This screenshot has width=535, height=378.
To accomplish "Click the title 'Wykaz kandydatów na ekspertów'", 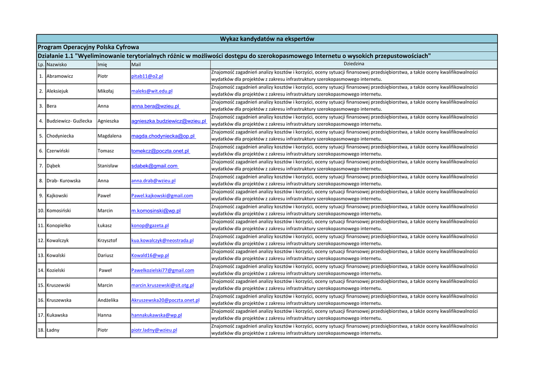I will click(x=267, y=39).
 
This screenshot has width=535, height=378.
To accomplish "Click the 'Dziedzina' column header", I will click(x=354, y=64).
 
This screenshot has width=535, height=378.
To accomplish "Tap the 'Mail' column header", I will click(x=136, y=65).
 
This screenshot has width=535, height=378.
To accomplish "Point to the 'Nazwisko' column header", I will click(x=56, y=65).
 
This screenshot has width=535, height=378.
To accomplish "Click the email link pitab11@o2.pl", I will click(x=147, y=76).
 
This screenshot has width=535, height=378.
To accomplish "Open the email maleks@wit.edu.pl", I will click(x=152, y=91).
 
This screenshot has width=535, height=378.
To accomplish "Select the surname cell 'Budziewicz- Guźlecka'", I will click(x=69, y=121).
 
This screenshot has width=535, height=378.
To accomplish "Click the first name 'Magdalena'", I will click(x=109, y=136).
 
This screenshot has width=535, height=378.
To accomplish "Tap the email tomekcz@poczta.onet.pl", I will click(x=160, y=151).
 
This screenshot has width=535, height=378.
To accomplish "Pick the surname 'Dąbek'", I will click(x=53, y=166).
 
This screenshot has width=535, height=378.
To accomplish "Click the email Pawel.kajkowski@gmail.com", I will click(x=162, y=196).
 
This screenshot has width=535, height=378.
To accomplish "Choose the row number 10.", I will click(x=41, y=210).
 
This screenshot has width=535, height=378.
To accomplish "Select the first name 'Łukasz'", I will click(x=104, y=226).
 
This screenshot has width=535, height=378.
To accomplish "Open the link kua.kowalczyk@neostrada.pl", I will click(x=162, y=241).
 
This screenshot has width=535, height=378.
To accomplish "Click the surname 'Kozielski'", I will click(x=56, y=270).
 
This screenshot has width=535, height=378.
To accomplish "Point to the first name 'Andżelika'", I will click(x=108, y=300).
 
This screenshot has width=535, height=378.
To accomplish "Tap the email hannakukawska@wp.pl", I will click(x=156, y=315).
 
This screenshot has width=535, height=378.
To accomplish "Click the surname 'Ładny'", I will click(x=53, y=330).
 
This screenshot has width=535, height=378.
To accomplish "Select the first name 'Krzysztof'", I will click(x=107, y=241).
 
